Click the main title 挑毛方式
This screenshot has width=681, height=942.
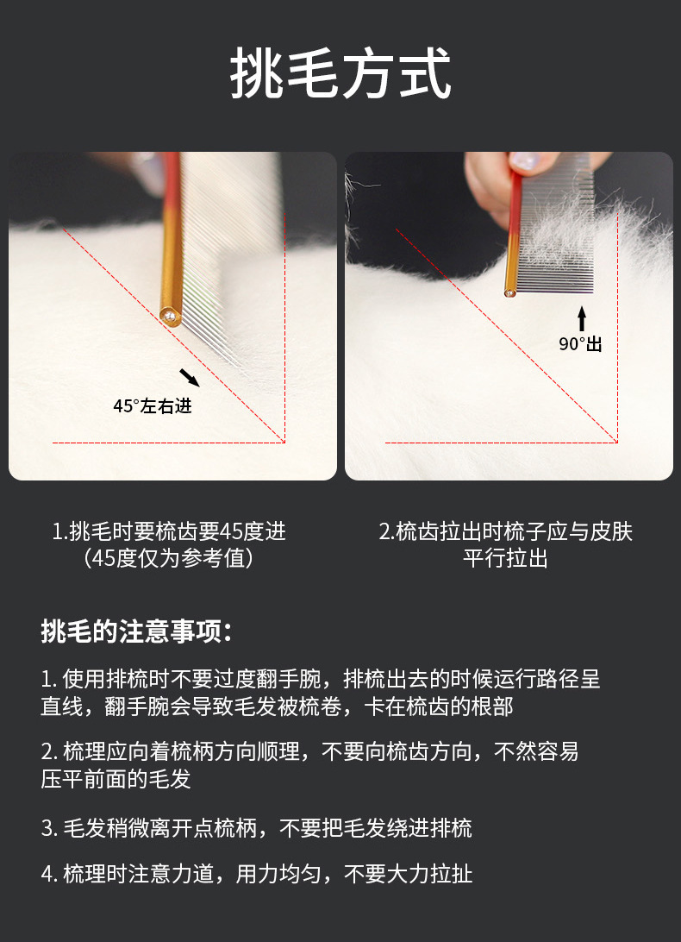[340, 73]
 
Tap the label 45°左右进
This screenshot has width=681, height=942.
[153, 406]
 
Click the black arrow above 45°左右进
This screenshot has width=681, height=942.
[190, 378]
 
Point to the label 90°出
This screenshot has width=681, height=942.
[580, 343]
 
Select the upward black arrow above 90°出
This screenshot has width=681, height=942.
[581, 318]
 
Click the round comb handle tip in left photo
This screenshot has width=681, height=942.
[170, 316]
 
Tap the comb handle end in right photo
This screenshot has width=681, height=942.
[509, 292]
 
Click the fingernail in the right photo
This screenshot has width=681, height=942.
[524, 160]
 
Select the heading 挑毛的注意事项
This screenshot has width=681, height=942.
[136, 631]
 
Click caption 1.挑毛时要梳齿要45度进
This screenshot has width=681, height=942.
[169, 531]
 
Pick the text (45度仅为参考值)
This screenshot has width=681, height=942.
[169, 559]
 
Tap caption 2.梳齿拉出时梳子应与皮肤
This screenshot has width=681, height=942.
[506, 531]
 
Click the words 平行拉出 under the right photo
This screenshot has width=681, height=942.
[506, 559]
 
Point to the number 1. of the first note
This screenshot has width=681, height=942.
[48, 680]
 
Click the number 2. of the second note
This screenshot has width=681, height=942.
[48, 751]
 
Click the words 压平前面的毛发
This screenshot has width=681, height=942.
[116, 779]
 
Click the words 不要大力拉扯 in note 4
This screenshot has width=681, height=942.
[409, 874]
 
